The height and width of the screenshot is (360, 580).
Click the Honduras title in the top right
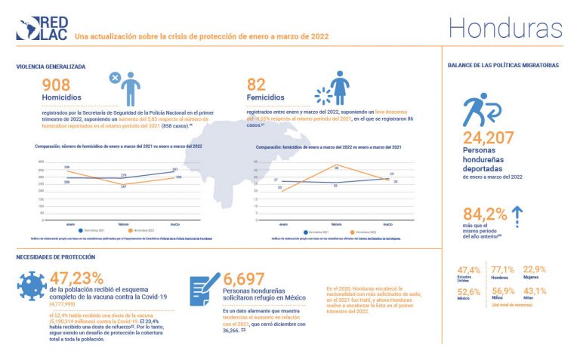click(504, 28)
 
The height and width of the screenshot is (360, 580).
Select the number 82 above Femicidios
click(257, 85)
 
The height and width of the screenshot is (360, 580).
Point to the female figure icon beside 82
click(341, 88)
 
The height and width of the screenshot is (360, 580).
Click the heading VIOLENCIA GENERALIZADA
click(51, 66)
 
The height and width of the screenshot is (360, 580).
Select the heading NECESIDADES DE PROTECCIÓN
click(55, 257)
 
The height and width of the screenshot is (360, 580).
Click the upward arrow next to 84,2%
click(517, 216)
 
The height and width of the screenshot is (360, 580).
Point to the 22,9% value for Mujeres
click(535, 269)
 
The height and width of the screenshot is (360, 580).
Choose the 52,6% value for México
click(469, 291)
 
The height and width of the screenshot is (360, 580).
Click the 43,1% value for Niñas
click(535, 291)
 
